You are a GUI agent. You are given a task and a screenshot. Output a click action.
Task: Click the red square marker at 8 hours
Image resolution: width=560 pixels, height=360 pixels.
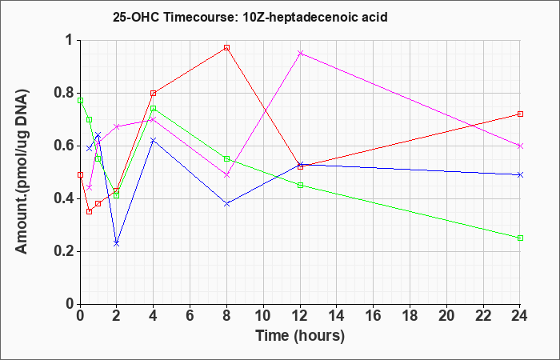click(x=226, y=47)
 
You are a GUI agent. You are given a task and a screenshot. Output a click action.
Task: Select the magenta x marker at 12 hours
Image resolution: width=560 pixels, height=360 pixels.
click(x=300, y=54)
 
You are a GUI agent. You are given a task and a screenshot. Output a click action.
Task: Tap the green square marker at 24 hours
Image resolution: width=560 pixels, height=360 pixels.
click(x=520, y=238)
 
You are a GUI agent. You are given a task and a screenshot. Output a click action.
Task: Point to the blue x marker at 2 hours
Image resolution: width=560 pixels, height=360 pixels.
click(x=116, y=243)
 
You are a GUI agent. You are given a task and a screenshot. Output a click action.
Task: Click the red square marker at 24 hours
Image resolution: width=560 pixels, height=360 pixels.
click(x=520, y=114)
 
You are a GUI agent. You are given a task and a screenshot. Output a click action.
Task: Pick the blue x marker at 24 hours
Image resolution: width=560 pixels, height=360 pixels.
click(x=520, y=174)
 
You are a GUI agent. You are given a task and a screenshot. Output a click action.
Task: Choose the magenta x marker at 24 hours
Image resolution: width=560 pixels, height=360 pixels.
click(x=520, y=146)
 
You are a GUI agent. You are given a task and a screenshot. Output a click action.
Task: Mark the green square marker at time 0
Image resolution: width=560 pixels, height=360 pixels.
click(x=80, y=100)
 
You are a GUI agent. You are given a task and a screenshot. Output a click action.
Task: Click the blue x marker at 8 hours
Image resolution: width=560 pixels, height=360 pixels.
click(x=226, y=203)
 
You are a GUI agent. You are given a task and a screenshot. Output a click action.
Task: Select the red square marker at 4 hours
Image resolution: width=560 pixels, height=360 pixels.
click(x=154, y=94)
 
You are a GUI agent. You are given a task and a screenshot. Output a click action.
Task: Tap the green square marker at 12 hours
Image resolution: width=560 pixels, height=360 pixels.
click(x=300, y=185)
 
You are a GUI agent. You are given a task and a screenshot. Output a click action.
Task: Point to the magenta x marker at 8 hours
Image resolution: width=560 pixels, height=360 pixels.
click(x=226, y=174)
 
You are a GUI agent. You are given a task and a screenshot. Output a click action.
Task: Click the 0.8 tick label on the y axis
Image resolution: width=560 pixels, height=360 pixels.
click(x=64, y=94)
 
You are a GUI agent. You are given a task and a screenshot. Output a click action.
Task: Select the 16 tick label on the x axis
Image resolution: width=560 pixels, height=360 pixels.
click(x=374, y=315)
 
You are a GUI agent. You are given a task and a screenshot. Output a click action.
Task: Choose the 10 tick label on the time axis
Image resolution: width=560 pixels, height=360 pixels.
click(x=263, y=315)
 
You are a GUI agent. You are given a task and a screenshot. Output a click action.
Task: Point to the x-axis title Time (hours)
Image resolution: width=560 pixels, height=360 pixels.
click(x=300, y=336)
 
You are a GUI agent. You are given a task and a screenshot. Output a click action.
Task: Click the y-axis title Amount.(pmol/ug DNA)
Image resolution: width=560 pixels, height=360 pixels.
click(x=22, y=171)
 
